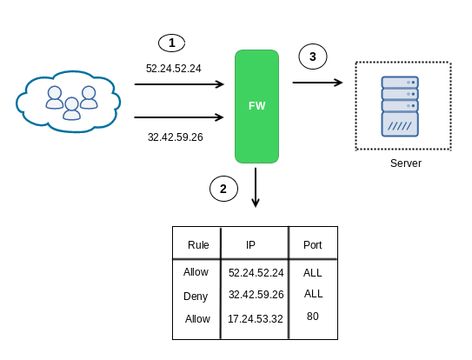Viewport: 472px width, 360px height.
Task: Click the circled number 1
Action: (171, 43)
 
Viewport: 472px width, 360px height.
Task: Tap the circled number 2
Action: (223, 189)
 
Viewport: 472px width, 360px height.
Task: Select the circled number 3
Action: (313, 57)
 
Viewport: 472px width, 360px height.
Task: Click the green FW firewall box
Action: (256, 106)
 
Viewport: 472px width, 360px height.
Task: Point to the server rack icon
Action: (400, 106)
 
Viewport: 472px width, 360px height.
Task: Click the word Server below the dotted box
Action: (406, 163)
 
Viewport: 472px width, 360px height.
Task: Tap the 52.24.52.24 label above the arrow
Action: (173, 69)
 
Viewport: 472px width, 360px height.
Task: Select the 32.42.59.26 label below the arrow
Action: (176, 137)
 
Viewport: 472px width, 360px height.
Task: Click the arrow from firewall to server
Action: (317, 83)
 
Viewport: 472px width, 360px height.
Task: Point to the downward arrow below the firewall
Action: (256, 187)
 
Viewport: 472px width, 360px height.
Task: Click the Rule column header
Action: (198, 245)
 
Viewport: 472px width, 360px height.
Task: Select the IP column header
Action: (250, 245)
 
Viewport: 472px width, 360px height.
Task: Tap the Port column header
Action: (312, 245)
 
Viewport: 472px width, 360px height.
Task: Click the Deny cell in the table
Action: (196, 297)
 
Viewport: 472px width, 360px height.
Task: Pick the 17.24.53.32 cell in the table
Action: (256, 319)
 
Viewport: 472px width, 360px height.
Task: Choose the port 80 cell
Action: (313, 317)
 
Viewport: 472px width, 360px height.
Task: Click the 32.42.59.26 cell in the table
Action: (256, 295)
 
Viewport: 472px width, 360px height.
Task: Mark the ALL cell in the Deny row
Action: (313, 293)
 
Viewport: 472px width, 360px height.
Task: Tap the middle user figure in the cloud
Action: (71, 109)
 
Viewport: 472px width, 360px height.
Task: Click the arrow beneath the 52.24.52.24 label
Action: (179, 84)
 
